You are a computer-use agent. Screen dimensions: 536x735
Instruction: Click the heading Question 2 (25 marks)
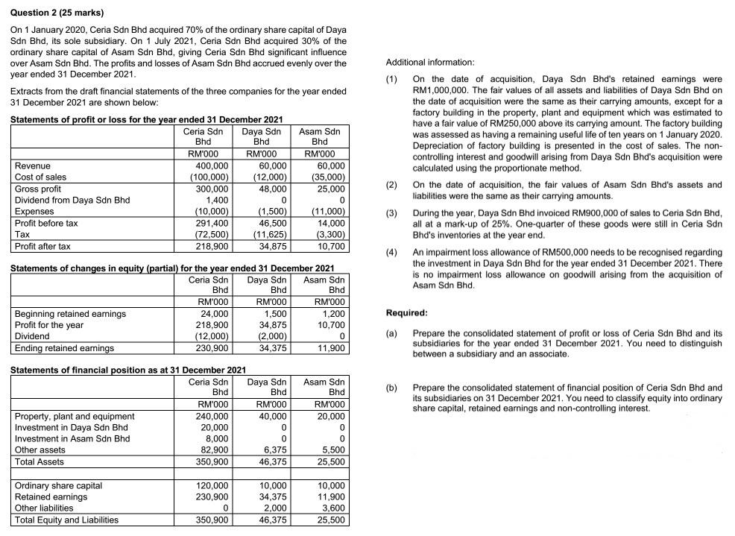[57, 13]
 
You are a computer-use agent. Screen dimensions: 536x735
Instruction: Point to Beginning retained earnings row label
[70, 314]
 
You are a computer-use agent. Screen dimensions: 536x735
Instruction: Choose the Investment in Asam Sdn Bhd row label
[72, 438]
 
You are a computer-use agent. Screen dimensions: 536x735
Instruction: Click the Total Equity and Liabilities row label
[66, 520]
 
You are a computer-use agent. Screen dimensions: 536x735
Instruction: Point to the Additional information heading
[429, 62]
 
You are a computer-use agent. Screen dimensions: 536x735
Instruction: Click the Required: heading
[406, 313]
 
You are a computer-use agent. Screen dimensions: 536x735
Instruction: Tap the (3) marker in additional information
[391, 213]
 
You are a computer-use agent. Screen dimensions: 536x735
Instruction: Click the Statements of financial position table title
[128, 370]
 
